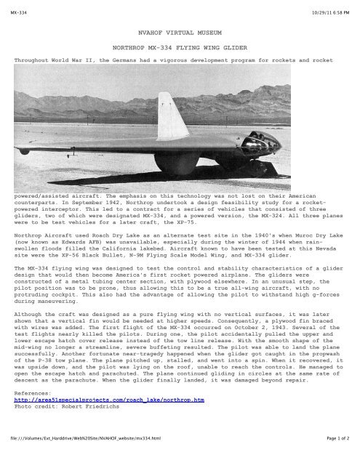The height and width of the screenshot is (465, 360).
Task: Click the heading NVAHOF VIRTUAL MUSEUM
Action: (x=180, y=33)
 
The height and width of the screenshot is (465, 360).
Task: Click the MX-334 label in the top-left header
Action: (x=14, y=7)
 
